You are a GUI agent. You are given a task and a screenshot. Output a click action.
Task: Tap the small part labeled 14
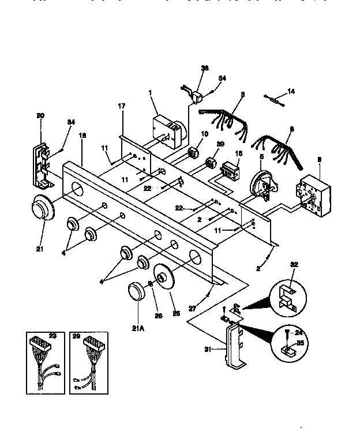(276, 99)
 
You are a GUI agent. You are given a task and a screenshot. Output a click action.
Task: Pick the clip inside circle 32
(286, 295)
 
